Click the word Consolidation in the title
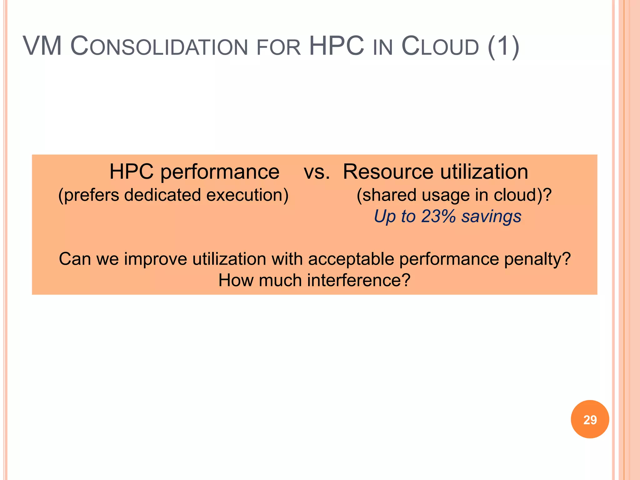(159, 47)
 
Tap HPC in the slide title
(336, 46)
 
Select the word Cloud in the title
(440, 47)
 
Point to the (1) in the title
(503, 47)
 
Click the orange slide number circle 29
(590, 419)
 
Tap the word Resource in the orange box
(388, 172)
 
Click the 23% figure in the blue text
(438, 216)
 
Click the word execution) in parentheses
(247, 195)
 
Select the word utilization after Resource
(484, 172)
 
